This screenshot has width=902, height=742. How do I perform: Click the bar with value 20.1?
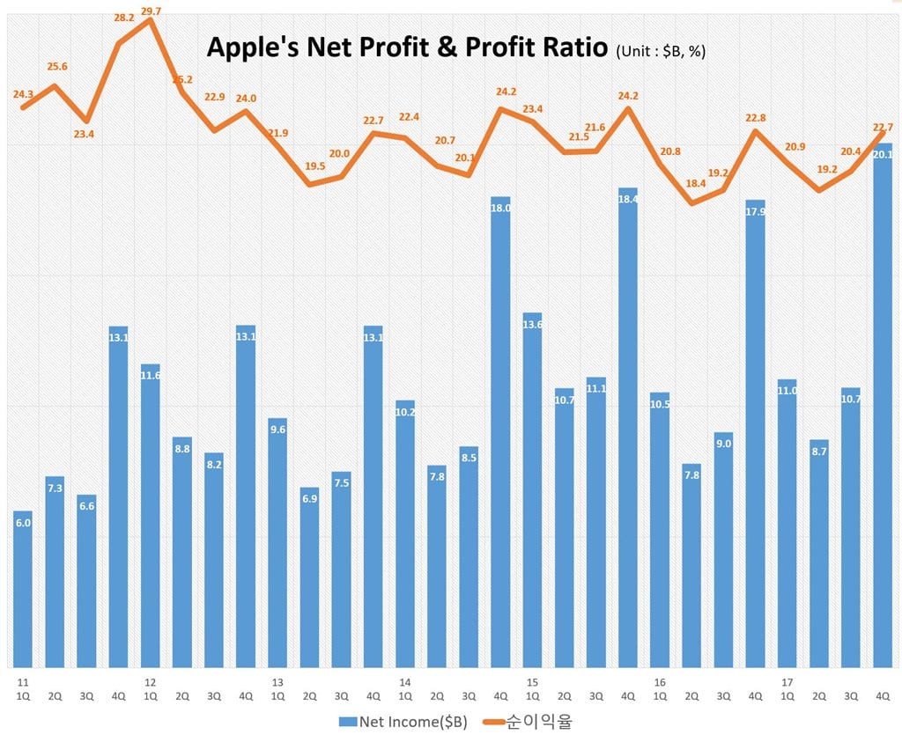(883, 405)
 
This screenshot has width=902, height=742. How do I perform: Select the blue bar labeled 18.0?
(500, 431)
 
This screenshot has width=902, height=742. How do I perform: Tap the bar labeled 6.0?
(23, 589)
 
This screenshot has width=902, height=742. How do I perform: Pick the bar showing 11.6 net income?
(151, 515)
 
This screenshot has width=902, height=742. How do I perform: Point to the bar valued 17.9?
(755, 433)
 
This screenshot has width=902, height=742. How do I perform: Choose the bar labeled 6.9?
(309, 577)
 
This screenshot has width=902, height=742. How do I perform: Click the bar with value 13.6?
(532, 489)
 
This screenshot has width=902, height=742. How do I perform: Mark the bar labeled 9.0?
(723, 549)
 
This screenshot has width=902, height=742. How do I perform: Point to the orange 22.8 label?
(755, 117)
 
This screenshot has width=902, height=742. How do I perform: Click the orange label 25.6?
(57, 66)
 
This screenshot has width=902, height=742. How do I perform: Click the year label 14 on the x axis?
(404, 682)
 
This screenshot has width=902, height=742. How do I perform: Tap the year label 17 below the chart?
(787, 682)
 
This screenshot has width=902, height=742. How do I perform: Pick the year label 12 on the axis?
(150, 682)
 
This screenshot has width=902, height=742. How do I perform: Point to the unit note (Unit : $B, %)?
(661, 51)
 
